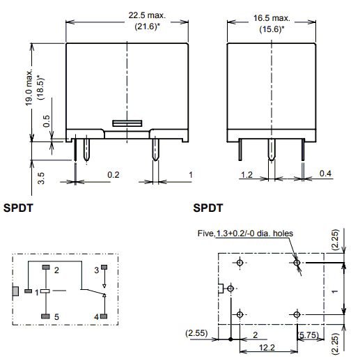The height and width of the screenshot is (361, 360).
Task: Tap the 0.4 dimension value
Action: click(x=324, y=174)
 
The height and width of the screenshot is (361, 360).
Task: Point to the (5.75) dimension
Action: click(x=309, y=336)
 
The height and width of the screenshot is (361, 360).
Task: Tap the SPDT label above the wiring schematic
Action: click(x=19, y=208)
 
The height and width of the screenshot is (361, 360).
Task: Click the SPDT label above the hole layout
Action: click(x=208, y=208)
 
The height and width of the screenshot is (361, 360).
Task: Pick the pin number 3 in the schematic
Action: click(x=96, y=268)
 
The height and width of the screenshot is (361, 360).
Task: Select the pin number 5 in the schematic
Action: click(x=57, y=317)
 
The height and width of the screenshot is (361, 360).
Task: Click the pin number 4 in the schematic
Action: click(x=96, y=317)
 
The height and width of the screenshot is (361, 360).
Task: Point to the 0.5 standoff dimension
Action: click(x=45, y=120)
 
